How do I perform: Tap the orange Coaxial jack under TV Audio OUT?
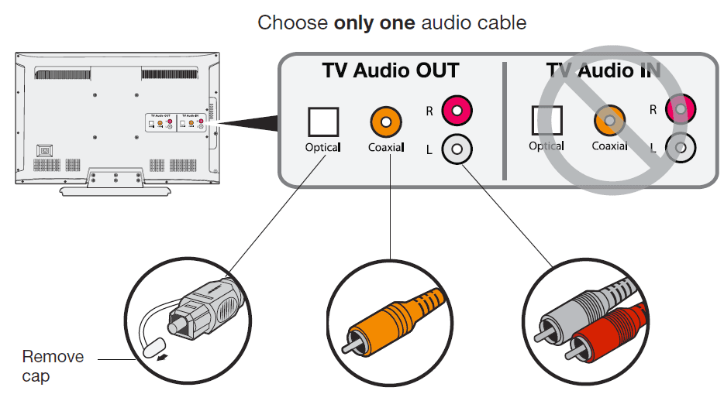[x=386, y=122]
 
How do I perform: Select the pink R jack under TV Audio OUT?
[x=457, y=111]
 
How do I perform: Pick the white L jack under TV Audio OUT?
[x=457, y=149]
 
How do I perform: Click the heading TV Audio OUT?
[x=391, y=71]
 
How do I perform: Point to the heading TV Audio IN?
[x=603, y=71]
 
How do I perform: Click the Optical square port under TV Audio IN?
[x=546, y=121]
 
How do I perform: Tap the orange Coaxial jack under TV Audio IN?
[x=609, y=121]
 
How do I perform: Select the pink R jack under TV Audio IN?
[x=680, y=110]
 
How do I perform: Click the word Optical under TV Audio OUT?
[x=322, y=147]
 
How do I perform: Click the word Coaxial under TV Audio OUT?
[x=386, y=147]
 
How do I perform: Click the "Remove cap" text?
[x=53, y=366]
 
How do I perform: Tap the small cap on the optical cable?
[x=151, y=347]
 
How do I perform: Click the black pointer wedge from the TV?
[x=248, y=121]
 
